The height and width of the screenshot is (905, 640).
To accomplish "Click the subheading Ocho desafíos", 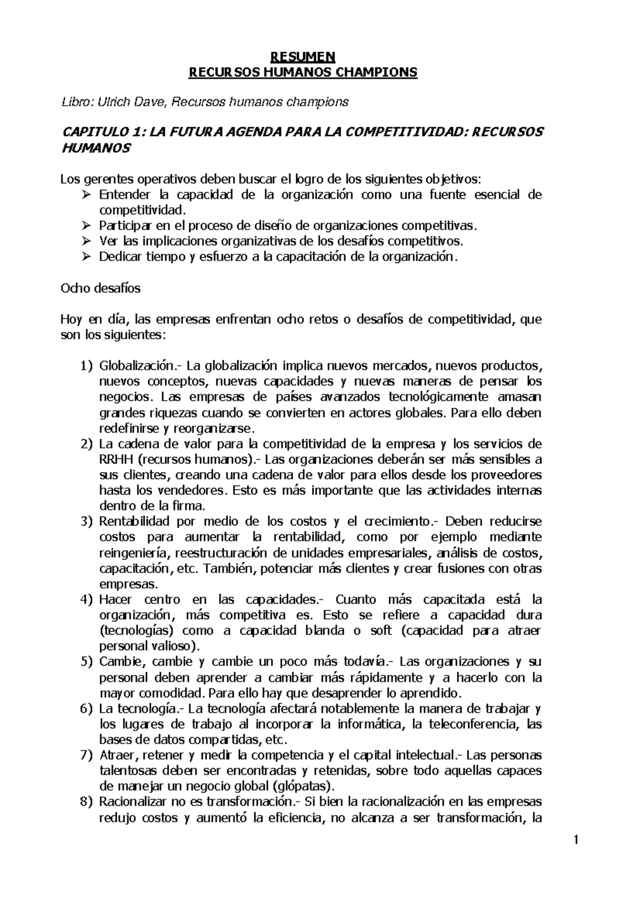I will click(101, 288).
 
